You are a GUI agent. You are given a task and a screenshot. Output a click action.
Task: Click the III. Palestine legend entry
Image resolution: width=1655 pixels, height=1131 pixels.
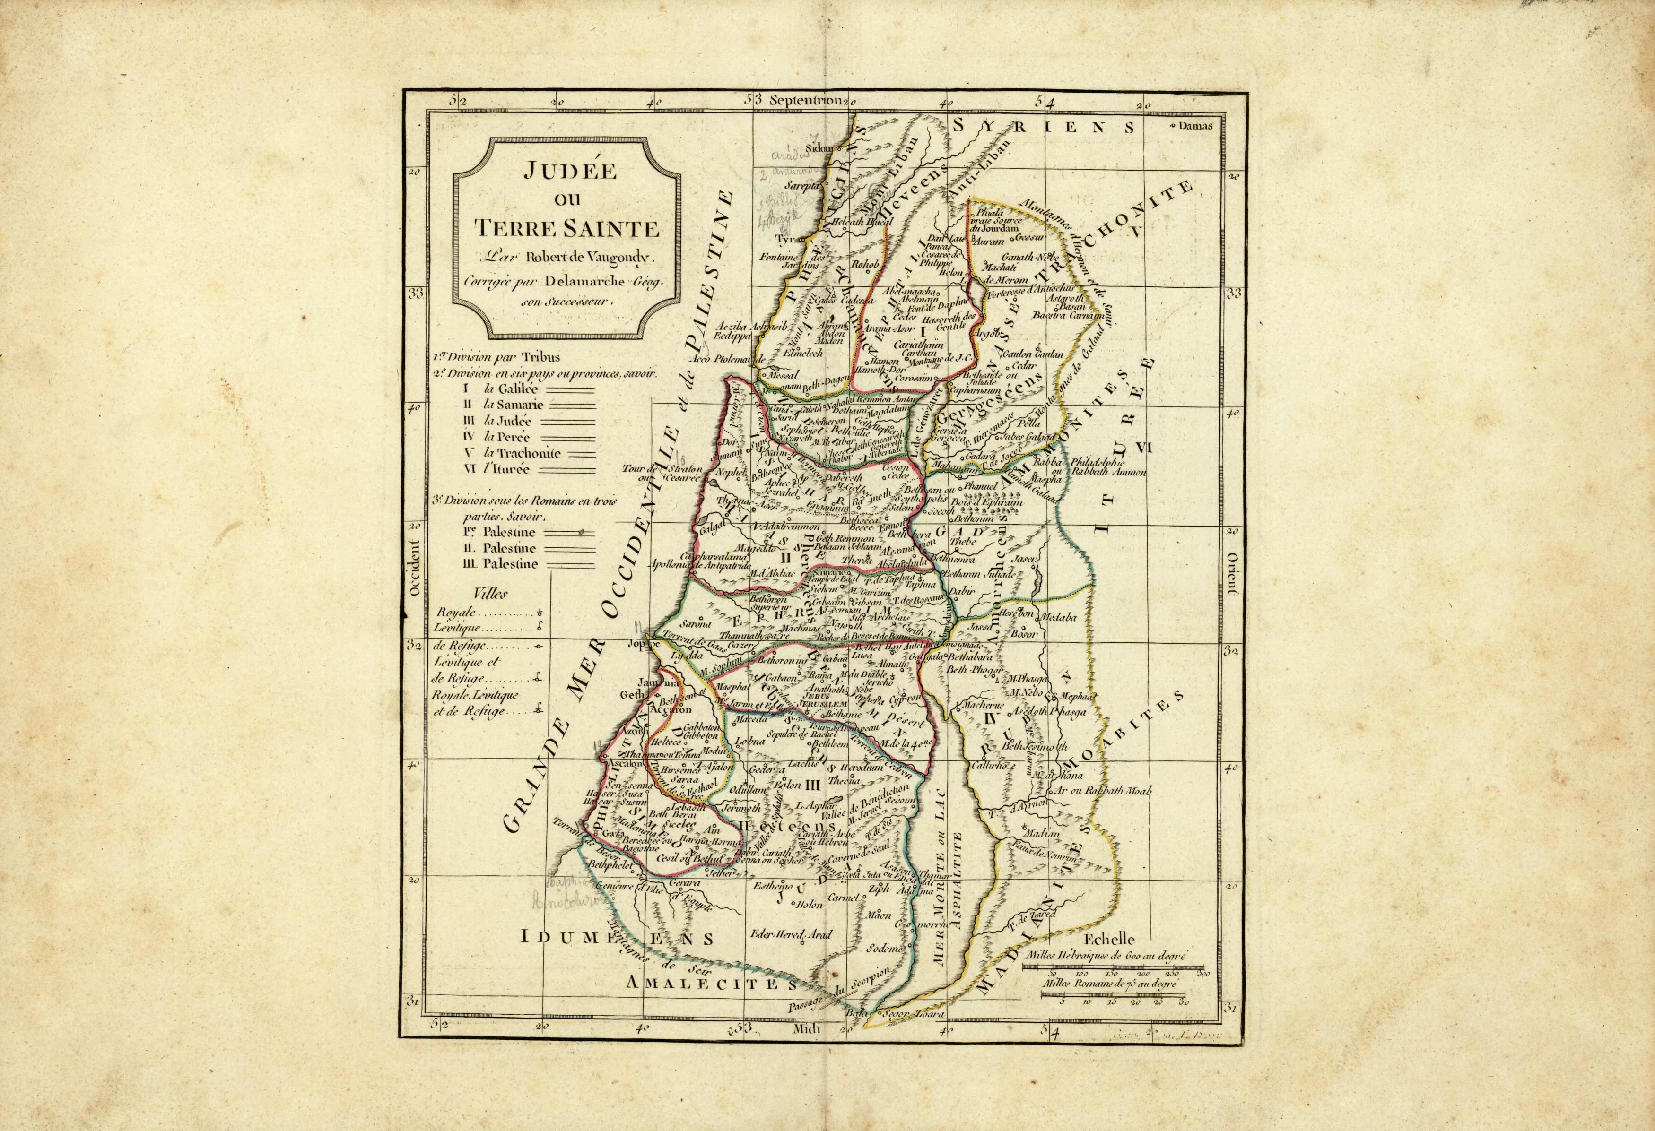(x=501, y=564)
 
